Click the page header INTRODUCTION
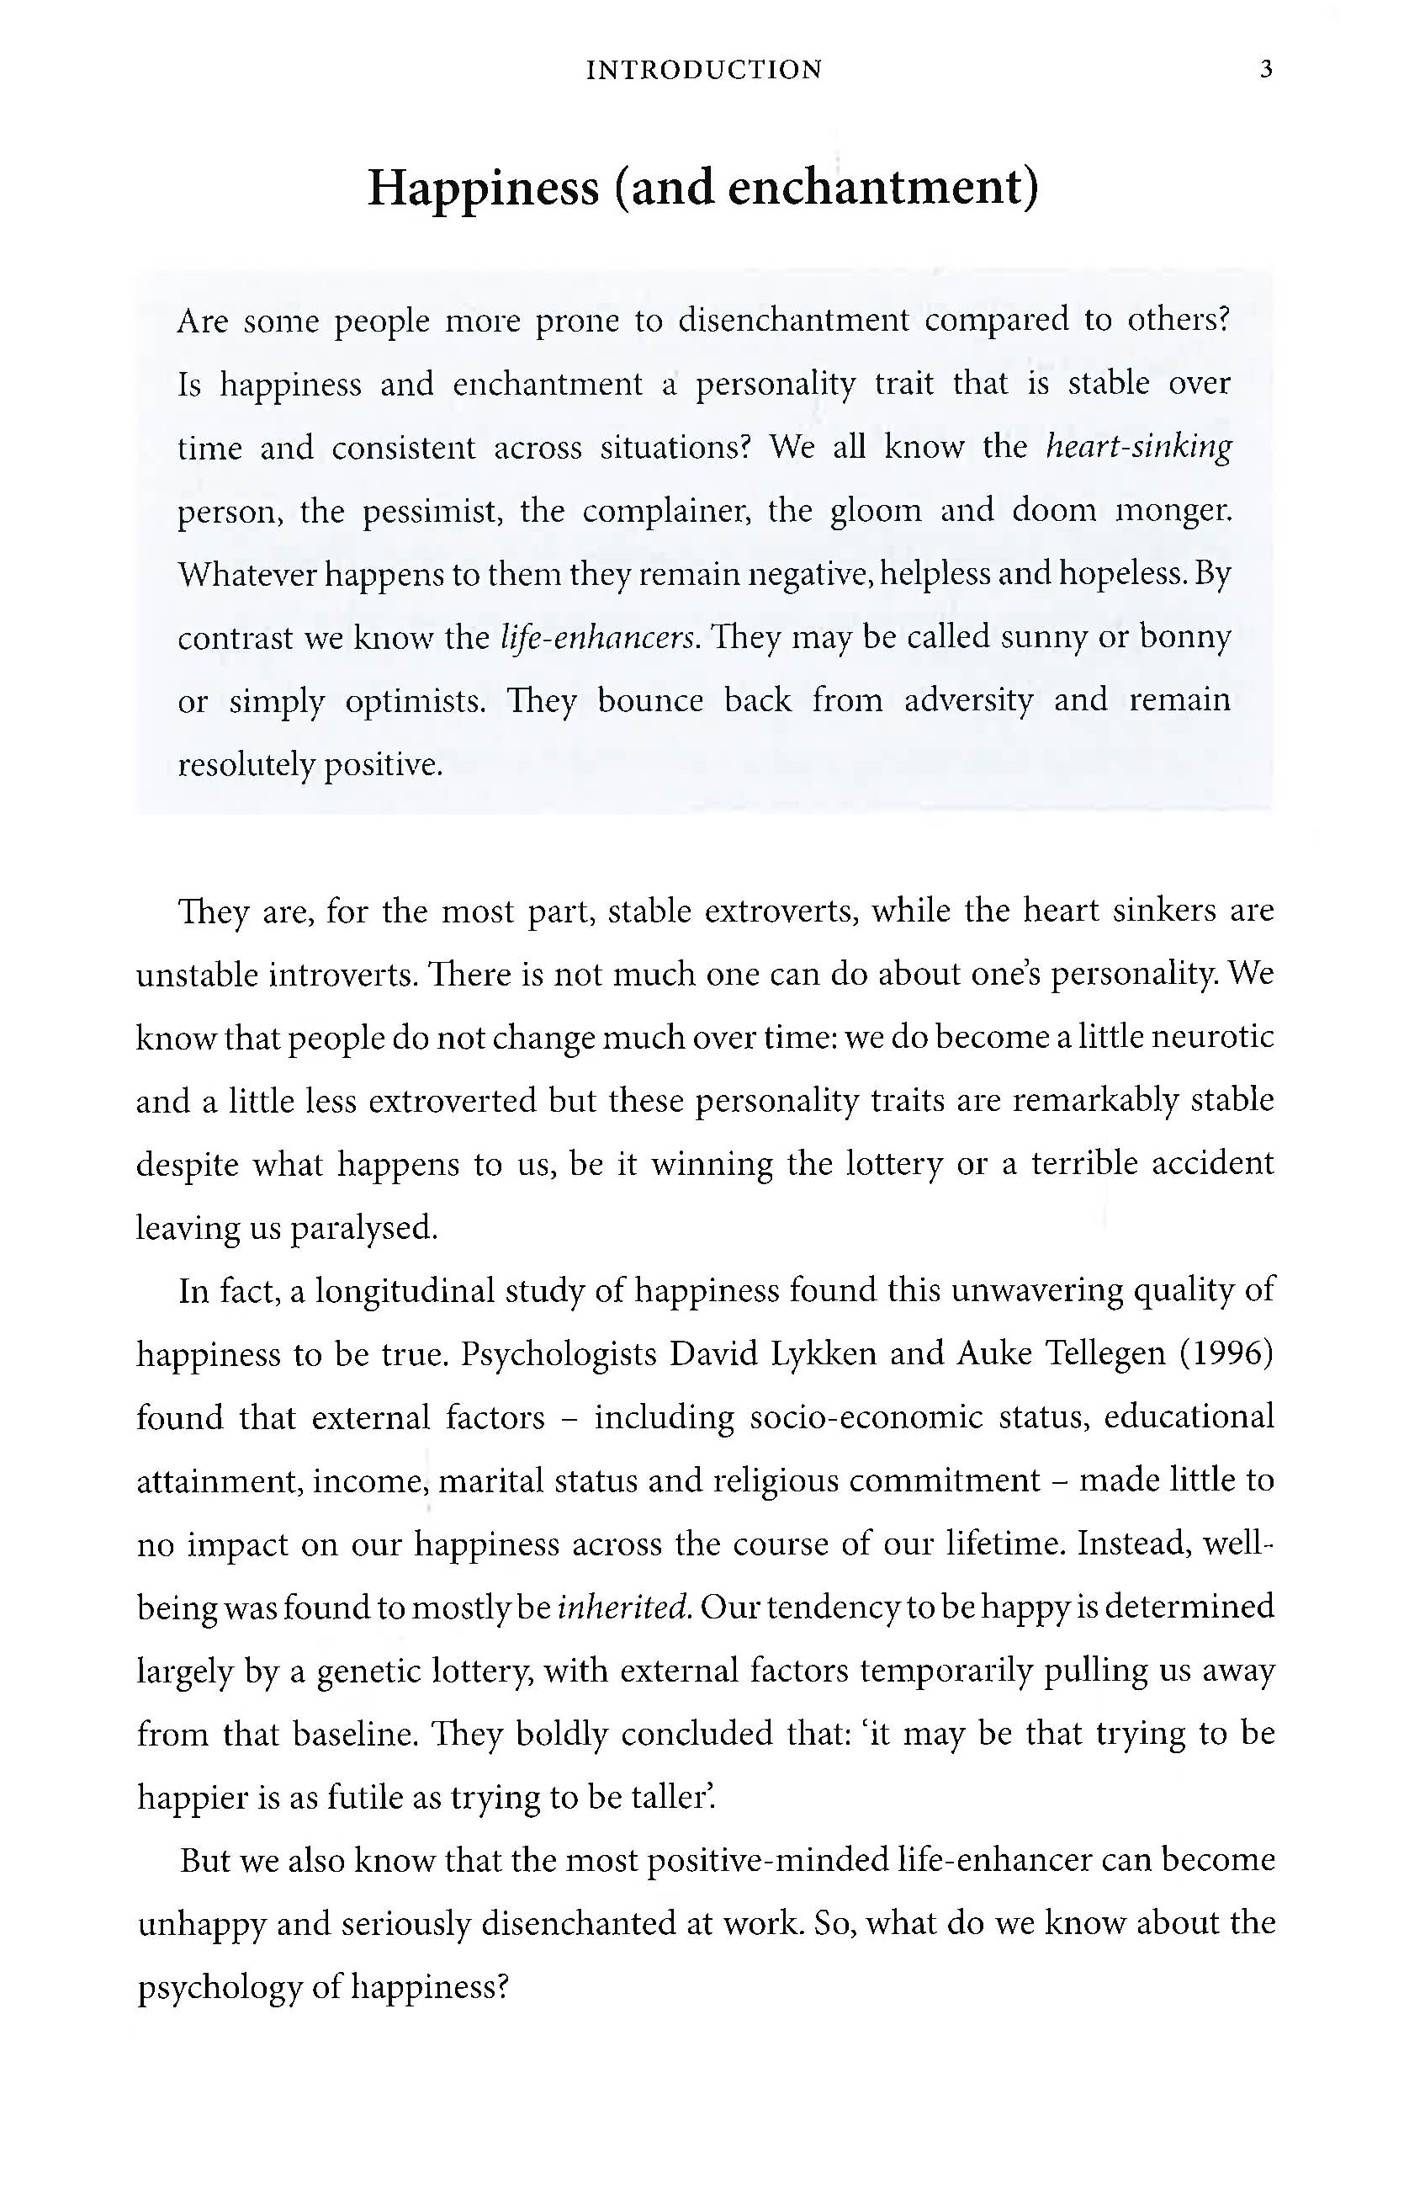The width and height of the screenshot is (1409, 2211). click(x=704, y=70)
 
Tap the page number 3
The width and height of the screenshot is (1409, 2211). click(x=1266, y=70)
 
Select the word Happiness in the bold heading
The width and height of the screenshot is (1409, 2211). click(x=483, y=188)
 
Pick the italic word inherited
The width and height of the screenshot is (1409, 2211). click(x=624, y=1607)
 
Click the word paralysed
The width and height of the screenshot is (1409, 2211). click(x=364, y=1228)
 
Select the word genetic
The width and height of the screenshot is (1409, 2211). click(x=368, y=1670)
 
